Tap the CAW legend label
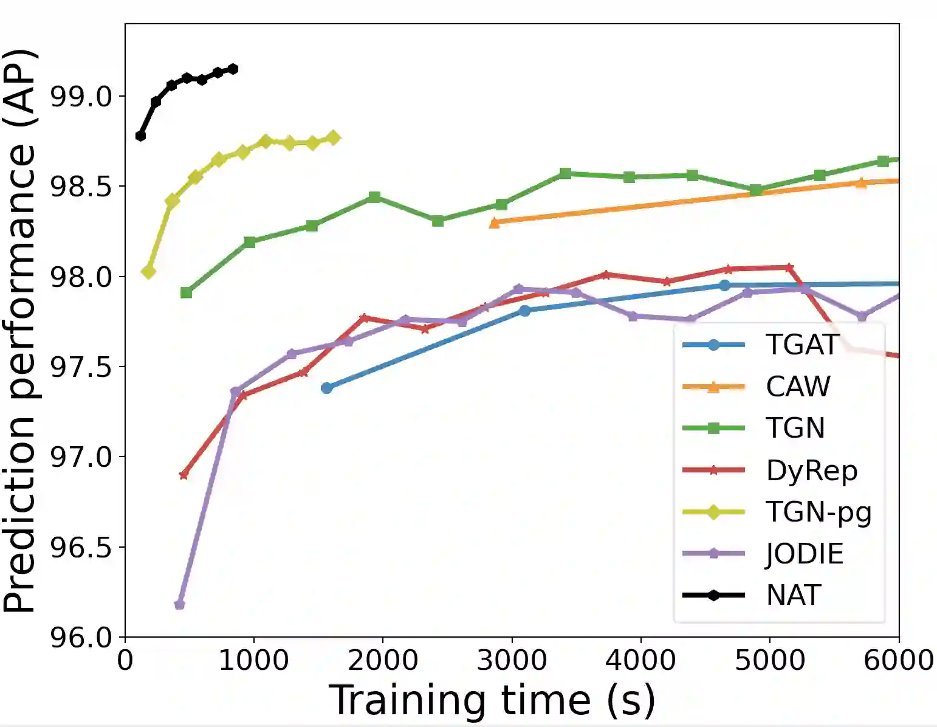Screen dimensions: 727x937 (x=798, y=387)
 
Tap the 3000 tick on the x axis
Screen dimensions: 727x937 (x=512, y=660)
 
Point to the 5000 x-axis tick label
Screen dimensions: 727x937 (x=770, y=660)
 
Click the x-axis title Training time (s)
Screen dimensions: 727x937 (x=492, y=700)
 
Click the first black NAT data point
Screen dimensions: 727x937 (x=140, y=136)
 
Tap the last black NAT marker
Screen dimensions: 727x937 (x=233, y=69)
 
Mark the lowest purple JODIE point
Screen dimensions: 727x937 (x=179, y=604)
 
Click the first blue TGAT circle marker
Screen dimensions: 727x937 (x=326, y=388)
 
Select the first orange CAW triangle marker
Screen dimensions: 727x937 (x=495, y=223)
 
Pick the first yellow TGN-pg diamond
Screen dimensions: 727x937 (x=148, y=272)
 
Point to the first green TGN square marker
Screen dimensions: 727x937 (x=187, y=293)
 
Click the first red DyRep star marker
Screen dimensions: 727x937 (x=184, y=475)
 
